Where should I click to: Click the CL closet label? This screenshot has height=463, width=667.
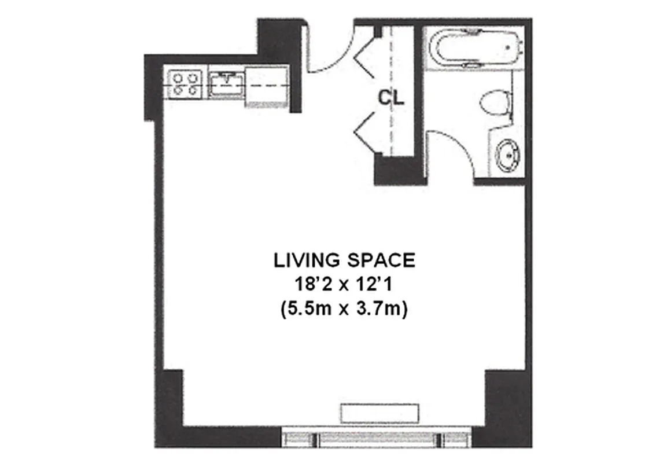(x=391, y=98)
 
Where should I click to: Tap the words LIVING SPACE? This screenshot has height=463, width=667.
(x=344, y=261)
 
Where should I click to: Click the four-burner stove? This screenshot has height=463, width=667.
(x=185, y=83)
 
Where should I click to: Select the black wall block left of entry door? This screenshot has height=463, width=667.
(x=277, y=41)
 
